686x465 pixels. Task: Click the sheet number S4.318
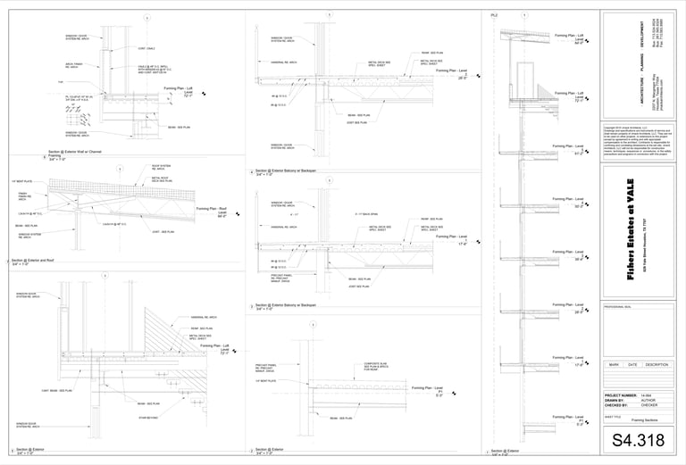638,440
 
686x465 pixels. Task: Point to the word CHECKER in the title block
649,405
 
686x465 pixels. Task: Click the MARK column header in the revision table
615,364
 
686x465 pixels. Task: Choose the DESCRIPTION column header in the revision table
657,364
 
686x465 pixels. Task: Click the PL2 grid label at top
494,15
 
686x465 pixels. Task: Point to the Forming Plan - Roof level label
213,211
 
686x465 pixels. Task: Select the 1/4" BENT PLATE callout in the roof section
22,181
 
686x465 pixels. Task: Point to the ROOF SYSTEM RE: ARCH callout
162,167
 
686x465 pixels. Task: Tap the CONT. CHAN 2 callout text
146,48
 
